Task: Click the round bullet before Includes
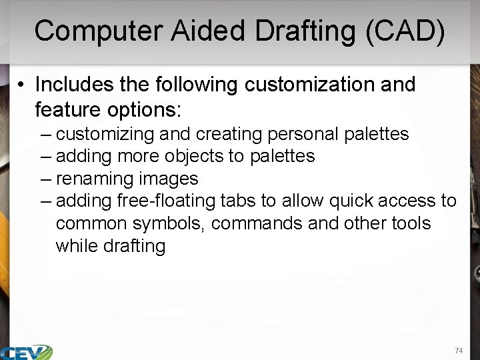pyautogui.click(x=22, y=85)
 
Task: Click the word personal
pyautogui.click(x=303, y=134)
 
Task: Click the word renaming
pyautogui.click(x=93, y=179)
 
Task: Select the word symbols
pyautogui.click(x=171, y=223)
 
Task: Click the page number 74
pyautogui.click(x=458, y=351)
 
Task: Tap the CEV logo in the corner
pyautogui.click(x=27, y=352)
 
